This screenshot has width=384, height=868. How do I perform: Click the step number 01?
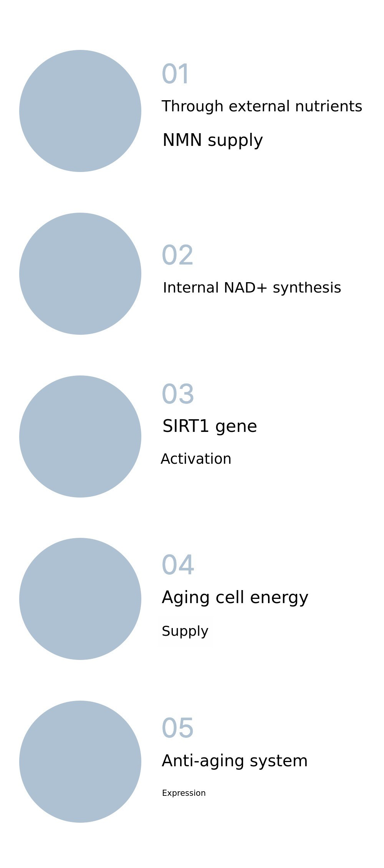(175, 74)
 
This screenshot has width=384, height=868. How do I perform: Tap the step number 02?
(177, 255)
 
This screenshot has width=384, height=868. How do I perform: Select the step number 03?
(178, 394)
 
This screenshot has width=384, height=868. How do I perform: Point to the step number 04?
(178, 565)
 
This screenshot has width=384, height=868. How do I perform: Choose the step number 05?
(177, 728)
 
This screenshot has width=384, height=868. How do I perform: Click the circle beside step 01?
(80, 111)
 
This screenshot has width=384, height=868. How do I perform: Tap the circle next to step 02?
(80, 274)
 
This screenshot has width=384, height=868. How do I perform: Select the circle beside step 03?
(80, 436)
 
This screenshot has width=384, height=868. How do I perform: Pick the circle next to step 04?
(80, 599)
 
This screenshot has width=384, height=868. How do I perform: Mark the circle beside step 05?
(80, 762)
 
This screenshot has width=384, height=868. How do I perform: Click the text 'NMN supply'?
(213, 141)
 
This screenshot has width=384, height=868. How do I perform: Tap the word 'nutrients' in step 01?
(329, 106)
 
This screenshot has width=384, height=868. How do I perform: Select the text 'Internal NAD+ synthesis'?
(252, 288)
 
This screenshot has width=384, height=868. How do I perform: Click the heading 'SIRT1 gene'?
(210, 427)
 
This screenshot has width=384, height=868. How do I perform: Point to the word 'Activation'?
(196, 459)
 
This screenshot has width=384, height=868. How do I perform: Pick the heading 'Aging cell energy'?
(235, 598)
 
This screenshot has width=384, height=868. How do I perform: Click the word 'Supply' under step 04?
(185, 632)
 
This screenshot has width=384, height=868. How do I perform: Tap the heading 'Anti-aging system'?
(235, 761)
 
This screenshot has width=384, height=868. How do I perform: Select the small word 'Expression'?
(184, 793)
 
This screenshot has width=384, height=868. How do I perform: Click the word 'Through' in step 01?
(192, 106)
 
